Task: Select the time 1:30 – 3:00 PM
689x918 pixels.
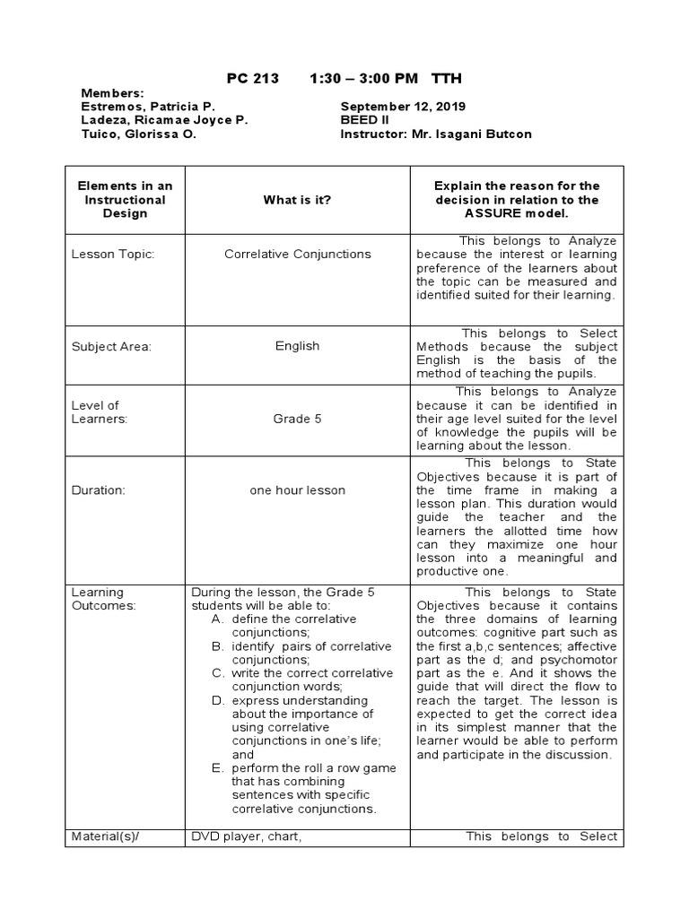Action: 362,78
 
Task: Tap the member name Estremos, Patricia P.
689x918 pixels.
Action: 148,107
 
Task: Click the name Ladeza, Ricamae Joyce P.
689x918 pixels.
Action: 164,120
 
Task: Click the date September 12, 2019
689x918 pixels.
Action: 403,107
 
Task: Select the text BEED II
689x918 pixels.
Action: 364,120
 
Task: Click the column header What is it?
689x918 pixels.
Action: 297,200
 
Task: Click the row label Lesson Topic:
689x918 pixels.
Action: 113,255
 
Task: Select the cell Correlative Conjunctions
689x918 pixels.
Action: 297,255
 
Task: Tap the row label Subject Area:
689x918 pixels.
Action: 111,348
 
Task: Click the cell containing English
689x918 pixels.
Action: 297,346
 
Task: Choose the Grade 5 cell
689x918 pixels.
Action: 297,419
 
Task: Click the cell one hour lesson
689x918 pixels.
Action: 297,490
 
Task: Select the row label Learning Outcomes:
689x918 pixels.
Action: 104,599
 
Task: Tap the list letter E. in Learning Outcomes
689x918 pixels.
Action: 217,768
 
